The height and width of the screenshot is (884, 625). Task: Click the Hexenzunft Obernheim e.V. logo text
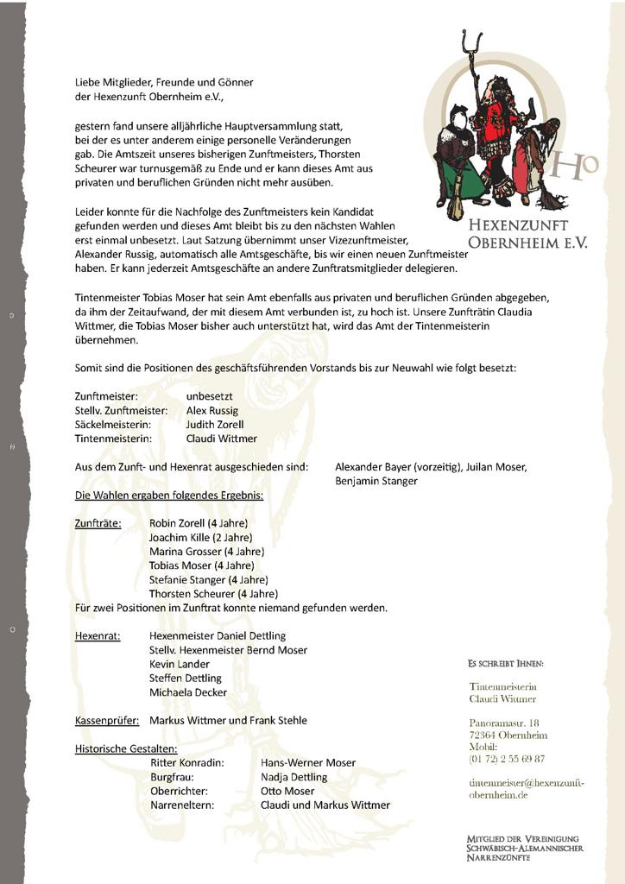[x=527, y=234]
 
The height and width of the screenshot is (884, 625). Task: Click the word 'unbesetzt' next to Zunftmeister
[x=209, y=395]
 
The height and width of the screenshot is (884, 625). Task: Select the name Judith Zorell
[x=215, y=425]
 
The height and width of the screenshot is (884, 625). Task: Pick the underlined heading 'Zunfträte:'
[x=98, y=523]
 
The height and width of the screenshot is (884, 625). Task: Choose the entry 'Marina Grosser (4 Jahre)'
[x=206, y=552]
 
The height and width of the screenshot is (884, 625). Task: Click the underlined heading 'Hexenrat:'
[x=98, y=635]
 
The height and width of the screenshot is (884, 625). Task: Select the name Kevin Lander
[x=180, y=664]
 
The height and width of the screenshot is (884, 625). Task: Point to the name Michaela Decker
[x=188, y=692]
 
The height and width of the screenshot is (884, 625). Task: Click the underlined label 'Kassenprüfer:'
[x=107, y=720]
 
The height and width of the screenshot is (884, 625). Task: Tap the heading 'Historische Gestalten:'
[x=126, y=748]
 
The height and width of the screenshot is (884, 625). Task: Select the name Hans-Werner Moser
[x=307, y=763]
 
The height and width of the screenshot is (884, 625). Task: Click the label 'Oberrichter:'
[x=180, y=791]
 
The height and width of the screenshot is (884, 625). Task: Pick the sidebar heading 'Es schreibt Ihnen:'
[x=505, y=664]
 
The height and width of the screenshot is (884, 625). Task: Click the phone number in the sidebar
[x=507, y=759]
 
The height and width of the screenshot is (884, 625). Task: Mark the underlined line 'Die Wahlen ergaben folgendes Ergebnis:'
[x=169, y=496]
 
